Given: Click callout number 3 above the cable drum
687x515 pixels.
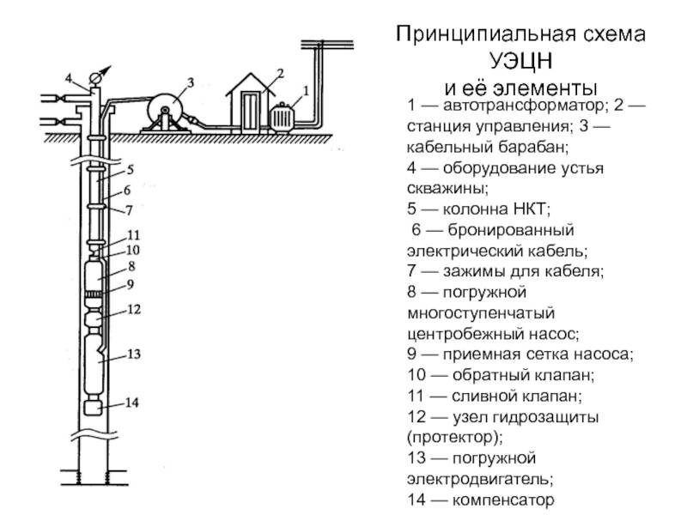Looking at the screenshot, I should (190, 82).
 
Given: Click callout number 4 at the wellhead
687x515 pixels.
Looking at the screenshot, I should (70, 78).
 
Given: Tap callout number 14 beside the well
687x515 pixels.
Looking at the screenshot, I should (131, 401).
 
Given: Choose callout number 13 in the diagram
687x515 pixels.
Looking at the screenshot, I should (132, 353).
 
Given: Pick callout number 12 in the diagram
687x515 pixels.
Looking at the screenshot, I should (133, 308).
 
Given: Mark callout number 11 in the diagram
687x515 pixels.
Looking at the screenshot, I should (133, 234).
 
